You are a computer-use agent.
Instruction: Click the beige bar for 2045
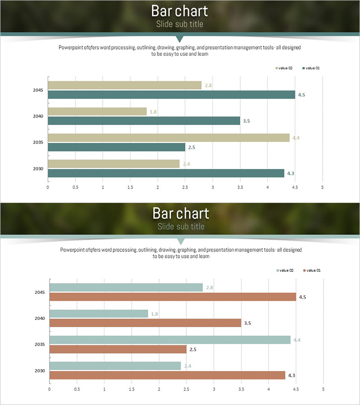coord(125,85)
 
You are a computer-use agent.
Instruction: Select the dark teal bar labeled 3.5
coord(144,121)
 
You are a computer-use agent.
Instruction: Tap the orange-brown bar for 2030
coord(167,375)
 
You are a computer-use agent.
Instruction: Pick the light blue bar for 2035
coord(170,340)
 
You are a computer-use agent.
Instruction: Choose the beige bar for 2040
coord(97,111)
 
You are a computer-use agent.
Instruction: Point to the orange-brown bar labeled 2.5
coord(118,349)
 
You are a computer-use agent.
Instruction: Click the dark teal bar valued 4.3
coord(166,173)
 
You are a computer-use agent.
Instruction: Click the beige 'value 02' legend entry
coord(284,68)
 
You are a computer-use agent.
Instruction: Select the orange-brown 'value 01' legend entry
coord(311,270)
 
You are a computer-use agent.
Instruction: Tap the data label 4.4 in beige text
coord(296,138)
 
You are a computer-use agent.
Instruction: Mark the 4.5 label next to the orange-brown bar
coord(302,297)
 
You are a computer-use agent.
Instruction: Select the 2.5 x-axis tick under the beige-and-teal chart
coord(185,187)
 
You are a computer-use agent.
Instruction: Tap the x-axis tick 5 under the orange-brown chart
coord(323,389)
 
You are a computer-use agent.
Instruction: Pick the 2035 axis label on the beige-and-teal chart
coord(38,142)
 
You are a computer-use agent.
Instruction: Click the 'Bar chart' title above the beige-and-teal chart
coord(180,10)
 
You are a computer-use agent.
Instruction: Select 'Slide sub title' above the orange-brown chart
coord(181,226)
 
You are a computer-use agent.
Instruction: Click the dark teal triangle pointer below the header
coord(180,39)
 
